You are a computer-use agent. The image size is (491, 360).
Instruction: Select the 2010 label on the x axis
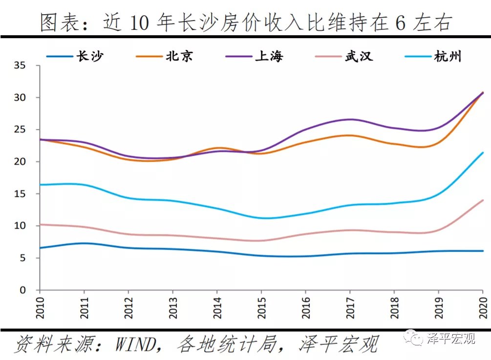(x=40, y=306)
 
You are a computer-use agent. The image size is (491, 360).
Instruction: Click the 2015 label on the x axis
(x=261, y=306)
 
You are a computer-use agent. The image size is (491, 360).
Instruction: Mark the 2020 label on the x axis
(x=483, y=306)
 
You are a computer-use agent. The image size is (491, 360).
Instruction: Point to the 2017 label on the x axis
(x=350, y=306)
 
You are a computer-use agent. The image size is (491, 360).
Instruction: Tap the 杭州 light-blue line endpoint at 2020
(x=483, y=152)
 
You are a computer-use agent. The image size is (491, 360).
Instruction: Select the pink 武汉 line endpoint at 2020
(x=483, y=200)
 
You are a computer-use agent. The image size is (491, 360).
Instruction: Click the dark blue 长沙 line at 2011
(x=84, y=243)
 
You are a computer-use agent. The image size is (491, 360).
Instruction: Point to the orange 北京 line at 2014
(x=217, y=148)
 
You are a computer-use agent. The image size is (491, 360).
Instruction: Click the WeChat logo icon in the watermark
(x=417, y=339)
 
